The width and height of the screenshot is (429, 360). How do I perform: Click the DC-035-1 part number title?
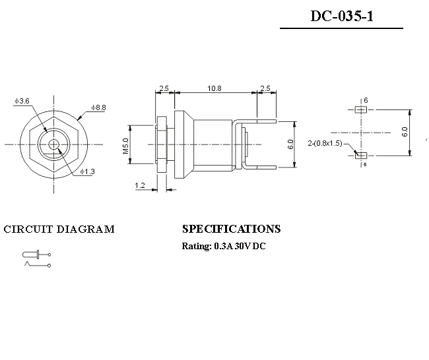click(342, 16)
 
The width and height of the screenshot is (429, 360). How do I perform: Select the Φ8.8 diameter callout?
click(99, 107)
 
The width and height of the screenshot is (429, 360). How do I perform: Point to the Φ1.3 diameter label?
click(87, 171)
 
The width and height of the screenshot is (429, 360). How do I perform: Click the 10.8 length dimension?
click(214, 88)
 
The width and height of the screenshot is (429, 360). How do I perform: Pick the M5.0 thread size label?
click(125, 145)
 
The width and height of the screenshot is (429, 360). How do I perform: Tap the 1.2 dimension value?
click(140, 186)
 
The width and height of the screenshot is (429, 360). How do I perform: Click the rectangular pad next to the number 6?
click(360, 109)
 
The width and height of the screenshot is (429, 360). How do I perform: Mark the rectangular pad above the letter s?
click(360, 155)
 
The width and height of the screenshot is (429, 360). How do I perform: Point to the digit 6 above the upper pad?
click(366, 100)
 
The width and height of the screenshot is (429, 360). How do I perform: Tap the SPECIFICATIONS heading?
click(231, 229)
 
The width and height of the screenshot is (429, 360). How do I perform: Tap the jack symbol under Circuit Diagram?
click(36, 258)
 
